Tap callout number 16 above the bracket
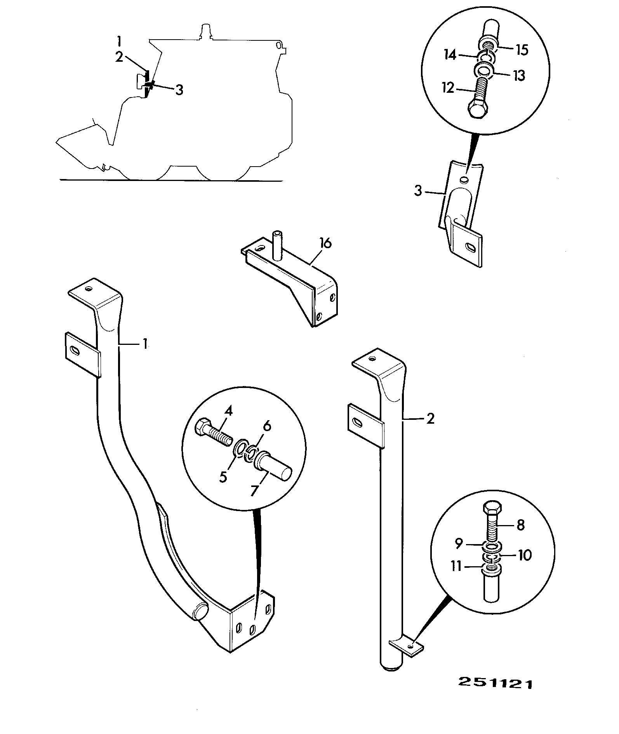pos(325,244)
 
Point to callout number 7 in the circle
pos(254,490)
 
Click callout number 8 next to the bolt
pos(521,525)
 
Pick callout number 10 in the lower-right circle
pos(525,555)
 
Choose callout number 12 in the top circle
pos(448,88)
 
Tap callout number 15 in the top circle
pos(522,50)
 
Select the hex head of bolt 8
pos(492,507)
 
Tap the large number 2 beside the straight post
pos(430,419)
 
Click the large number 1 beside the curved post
pos(145,344)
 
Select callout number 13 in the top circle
pos(518,75)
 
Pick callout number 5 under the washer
pos(223,477)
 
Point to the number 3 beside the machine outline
pos(179,90)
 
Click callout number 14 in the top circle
pos(450,55)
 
